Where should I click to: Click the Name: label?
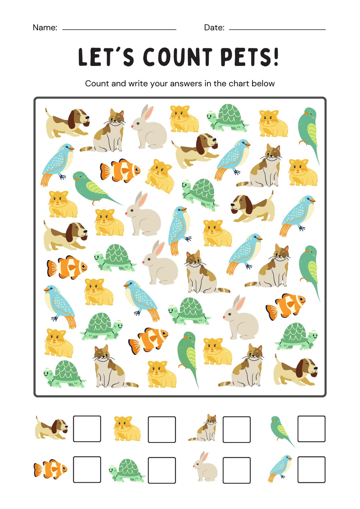pyautogui.click(x=45, y=27)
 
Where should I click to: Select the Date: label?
pyautogui.click(x=214, y=27)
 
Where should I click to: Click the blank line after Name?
pyautogui.click(x=119, y=29)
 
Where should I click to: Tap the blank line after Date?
pyautogui.click(x=277, y=29)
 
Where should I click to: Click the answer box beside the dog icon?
pyautogui.click(x=87, y=429)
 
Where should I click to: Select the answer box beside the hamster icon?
pyautogui.click(x=162, y=429)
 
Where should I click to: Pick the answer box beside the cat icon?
pyautogui.click(x=237, y=429)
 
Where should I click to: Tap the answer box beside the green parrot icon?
pyautogui.click(x=311, y=429)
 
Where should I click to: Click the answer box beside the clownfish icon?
pyautogui.click(x=87, y=470)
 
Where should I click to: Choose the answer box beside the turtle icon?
pyautogui.click(x=162, y=470)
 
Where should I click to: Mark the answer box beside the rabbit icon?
pyautogui.click(x=237, y=470)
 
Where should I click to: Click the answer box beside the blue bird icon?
pyautogui.click(x=311, y=470)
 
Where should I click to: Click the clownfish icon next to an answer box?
pyautogui.click(x=51, y=469)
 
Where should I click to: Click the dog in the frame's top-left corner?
pyautogui.click(x=67, y=123)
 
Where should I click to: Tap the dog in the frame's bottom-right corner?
pyautogui.click(x=296, y=370)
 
